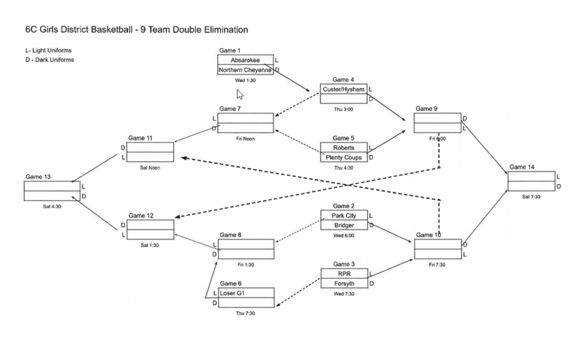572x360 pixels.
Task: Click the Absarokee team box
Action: point(245,60)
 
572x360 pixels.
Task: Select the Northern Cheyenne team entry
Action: point(245,70)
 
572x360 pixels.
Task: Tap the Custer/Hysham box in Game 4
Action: point(344,89)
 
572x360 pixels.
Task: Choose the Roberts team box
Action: point(344,148)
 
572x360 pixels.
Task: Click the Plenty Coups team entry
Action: point(344,157)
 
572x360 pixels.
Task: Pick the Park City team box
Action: point(344,215)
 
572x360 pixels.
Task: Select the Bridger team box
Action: point(344,225)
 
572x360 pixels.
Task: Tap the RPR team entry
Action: point(344,273)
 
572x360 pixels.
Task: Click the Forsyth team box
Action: point(344,284)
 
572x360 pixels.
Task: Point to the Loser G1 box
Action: point(246,293)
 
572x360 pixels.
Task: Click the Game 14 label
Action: point(522,167)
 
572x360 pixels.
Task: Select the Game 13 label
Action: point(38,177)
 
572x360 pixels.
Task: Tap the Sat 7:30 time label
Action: point(531,196)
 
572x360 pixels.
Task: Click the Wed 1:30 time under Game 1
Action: point(245,80)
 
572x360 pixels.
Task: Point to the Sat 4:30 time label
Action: point(52,207)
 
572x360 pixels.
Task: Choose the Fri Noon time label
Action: point(245,138)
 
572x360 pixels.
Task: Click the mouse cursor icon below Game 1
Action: point(240,94)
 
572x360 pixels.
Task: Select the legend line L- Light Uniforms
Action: point(48,50)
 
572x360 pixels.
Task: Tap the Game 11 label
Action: point(141,138)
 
